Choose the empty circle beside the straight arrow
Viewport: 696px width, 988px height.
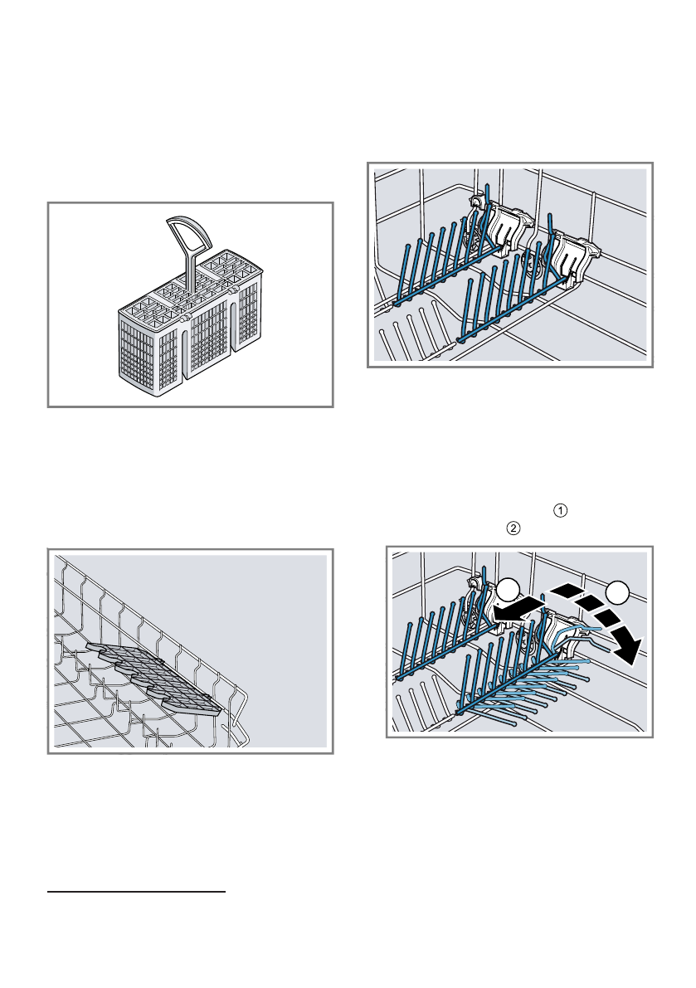click(x=509, y=592)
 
